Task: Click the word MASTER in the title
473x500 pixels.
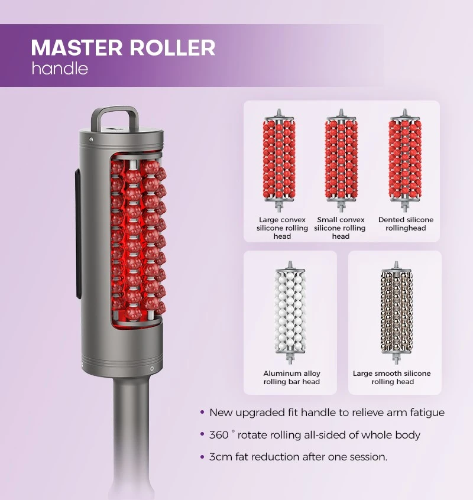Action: click(x=76, y=47)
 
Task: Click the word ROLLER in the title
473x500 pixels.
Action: click(x=172, y=47)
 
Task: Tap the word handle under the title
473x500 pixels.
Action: click(x=60, y=68)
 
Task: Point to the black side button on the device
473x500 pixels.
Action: click(x=79, y=234)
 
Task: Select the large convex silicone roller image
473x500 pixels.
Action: click(x=279, y=161)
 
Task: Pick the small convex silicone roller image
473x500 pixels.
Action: click(x=341, y=161)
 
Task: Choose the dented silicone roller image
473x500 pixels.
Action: click(x=405, y=161)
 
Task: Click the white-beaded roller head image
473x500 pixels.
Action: click(x=290, y=313)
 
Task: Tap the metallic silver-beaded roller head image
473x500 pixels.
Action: click(x=396, y=313)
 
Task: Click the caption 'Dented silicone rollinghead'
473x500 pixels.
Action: click(x=406, y=224)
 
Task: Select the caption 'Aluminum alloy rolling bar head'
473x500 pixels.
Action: click(x=291, y=378)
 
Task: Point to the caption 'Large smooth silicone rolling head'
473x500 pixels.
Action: click(x=392, y=378)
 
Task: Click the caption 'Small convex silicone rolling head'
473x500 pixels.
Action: click(x=340, y=228)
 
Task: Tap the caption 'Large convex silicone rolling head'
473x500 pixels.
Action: click(x=282, y=228)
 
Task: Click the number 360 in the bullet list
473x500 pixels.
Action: click(x=219, y=435)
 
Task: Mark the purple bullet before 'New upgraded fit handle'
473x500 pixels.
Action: click(x=202, y=412)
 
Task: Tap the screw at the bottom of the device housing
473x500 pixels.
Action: click(x=152, y=369)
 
